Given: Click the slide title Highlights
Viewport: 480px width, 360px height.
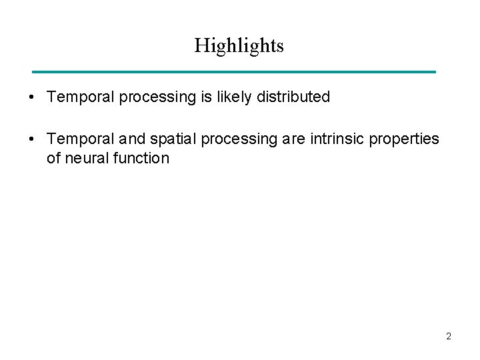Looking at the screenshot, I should point(239,45).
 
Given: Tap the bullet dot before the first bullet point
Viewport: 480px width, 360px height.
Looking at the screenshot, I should point(31,97).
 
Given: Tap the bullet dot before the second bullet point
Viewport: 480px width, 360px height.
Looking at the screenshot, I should point(31,139).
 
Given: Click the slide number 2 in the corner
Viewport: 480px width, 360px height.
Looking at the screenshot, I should point(448,337).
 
